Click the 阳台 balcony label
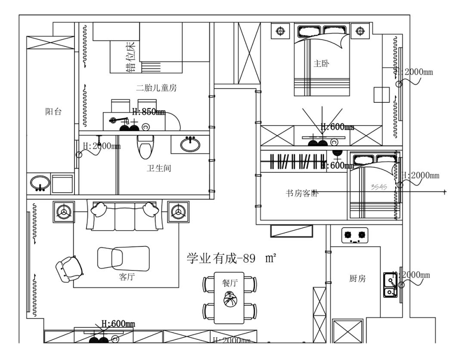(53, 112)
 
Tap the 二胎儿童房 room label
(156, 89)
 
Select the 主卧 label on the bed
(322, 64)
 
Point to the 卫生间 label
(158, 168)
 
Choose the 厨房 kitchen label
(357, 279)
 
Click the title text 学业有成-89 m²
(231, 258)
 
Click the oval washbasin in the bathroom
(190, 144)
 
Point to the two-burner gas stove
(355, 235)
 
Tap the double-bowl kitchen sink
(390, 285)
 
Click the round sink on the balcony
(40, 183)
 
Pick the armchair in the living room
(70, 268)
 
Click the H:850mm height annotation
(149, 112)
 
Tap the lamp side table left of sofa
(64, 212)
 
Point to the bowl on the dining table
(229, 298)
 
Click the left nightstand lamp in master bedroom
(281, 31)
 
